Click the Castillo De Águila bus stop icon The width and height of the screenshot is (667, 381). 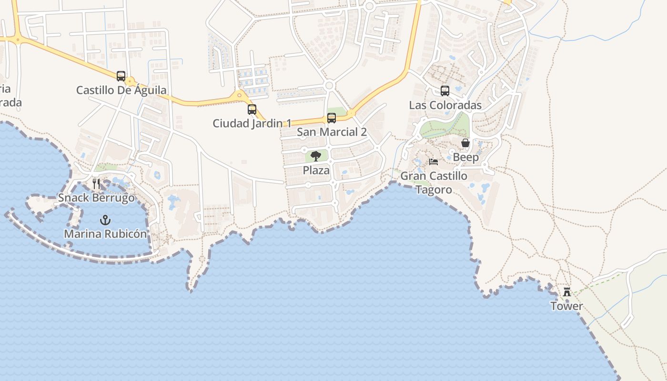[x=121, y=76]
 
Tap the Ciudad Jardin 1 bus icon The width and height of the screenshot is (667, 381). [x=252, y=110]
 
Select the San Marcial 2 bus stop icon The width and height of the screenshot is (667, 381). [x=332, y=118]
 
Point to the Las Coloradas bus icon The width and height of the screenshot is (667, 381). [x=445, y=91]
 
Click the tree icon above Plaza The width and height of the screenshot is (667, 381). [x=316, y=156]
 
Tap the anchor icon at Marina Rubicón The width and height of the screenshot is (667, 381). [x=105, y=220]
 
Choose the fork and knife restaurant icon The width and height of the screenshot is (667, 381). [x=96, y=184]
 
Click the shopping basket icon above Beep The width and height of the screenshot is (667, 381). [x=465, y=143]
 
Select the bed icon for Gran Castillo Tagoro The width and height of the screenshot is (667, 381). [x=434, y=162]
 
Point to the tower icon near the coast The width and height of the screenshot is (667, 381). [x=567, y=292]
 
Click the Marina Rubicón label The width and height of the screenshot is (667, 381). [x=105, y=234]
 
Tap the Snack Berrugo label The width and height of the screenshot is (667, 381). [x=96, y=198]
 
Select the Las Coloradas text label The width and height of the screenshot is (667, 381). [x=445, y=105]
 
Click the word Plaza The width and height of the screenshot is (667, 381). [x=316, y=170]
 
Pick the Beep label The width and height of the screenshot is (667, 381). [x=465, y=157]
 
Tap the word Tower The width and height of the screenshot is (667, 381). [x=566, y=306]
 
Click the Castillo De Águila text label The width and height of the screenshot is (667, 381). [x=121, y=90]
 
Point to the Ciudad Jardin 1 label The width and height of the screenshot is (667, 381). [x=252, y=123]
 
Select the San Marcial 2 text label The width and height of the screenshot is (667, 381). [x=332, y=132]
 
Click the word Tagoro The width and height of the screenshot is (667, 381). [x=434, y=190]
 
